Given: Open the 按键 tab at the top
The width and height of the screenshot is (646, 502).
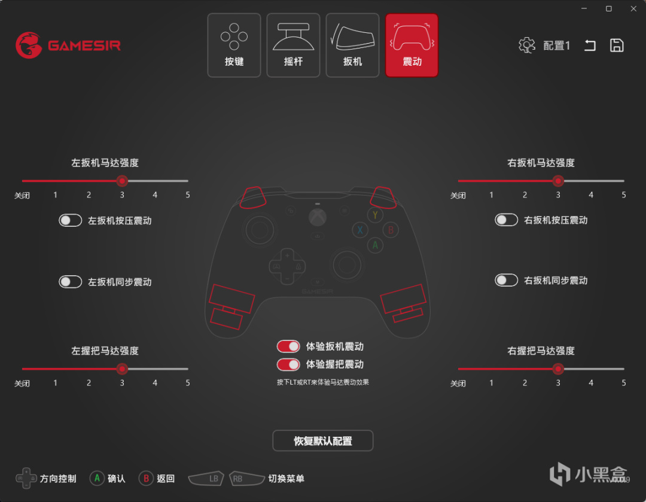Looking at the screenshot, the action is click(x=234, y=45).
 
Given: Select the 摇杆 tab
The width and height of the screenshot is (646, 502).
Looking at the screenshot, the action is click(x=293, y=45).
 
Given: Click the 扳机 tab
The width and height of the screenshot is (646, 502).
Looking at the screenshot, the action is click(x=353, y=45).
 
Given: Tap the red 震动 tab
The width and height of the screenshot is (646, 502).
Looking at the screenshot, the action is click(x=412, y=45).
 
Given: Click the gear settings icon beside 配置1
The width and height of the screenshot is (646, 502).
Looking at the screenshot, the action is click(x=526, y=45).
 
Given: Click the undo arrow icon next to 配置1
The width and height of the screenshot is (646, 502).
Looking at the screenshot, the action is click(x=590, y=45).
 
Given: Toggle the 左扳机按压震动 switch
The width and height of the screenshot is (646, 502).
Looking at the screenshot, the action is click(x=71, y=221).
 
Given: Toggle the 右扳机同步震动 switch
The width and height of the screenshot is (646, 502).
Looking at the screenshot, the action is click(x=507, y=280).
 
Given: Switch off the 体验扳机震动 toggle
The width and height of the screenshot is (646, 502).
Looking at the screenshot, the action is click(x=288, y=346).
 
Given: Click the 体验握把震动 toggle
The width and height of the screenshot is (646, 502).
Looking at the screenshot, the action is click(x=288, y=364).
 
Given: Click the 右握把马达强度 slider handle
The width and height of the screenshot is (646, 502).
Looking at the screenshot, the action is click(x=558, y=369).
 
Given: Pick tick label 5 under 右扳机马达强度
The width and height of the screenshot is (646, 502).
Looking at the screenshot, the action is click(x=624, y=195).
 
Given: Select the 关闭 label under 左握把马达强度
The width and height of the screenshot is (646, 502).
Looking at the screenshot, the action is click(x=22, y=384).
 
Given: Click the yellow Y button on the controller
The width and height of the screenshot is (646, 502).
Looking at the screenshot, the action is click(x=375, y=215).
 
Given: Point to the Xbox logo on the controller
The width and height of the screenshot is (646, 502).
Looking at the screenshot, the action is click(x=318, y=217).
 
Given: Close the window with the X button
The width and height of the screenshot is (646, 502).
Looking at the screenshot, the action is click(x=633, y=8).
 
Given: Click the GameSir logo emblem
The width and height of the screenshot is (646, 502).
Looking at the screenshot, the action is click(x=29, y=45).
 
